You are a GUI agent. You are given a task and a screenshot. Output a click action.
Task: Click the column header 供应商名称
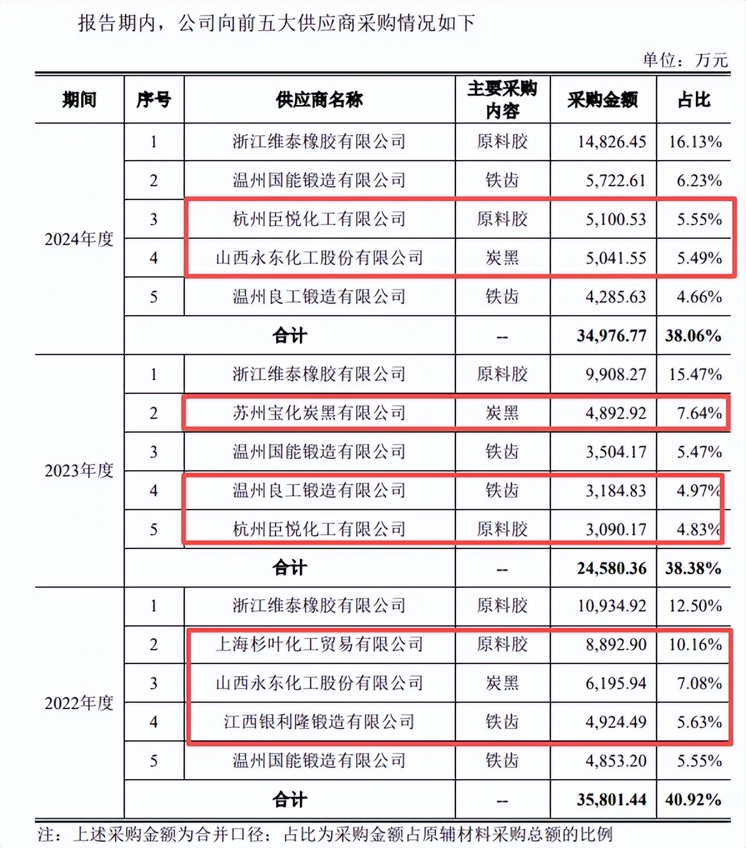[319, 100]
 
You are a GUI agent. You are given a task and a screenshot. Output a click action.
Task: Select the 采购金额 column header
[602, 100]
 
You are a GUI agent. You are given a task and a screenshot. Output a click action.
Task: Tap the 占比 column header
[694, 100]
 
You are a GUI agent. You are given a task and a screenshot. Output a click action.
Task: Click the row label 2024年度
[79, 239]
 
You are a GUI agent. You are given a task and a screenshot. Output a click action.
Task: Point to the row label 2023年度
[79, 470]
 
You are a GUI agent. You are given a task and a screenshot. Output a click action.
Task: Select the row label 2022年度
[79, 703]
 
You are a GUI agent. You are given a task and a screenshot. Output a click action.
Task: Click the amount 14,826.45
[611, 142]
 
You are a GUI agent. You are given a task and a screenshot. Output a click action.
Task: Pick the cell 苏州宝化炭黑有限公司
[319, 413]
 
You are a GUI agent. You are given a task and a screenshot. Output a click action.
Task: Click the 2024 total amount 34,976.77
[611, 336]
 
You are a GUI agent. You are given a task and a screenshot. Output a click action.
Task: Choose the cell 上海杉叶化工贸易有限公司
[319, 644]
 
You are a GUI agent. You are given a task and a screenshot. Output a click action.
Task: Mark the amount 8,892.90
[615, 645]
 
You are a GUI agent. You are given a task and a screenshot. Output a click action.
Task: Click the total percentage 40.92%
[694, 800]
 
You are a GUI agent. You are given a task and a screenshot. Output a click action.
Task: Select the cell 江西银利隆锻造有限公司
[319, 722]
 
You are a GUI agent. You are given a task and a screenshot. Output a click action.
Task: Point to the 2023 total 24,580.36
[611, 568]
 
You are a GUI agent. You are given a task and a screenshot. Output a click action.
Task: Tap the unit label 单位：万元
[685, 60]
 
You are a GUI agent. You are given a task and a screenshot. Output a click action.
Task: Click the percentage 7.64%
[699, 413]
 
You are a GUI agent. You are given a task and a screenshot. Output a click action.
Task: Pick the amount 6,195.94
[615, 684]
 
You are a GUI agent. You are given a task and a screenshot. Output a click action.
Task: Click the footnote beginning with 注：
[325, 834]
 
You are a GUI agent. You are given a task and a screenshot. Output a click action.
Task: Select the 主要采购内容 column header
[502, 100]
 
